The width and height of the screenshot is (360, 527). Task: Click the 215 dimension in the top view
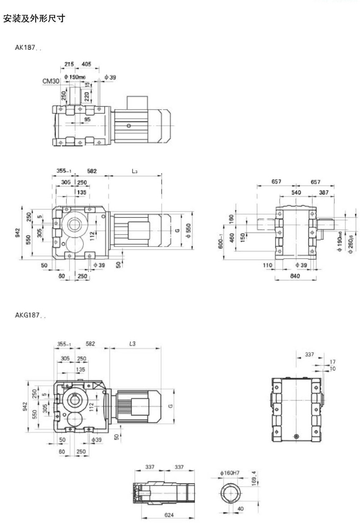69,64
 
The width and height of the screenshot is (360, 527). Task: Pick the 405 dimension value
86,64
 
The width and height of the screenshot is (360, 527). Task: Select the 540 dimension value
296,192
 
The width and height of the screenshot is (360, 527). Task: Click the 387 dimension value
324,192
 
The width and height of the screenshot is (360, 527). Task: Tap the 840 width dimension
295,276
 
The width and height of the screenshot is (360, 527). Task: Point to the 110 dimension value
268,265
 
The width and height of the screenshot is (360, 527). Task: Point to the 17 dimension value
331,362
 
